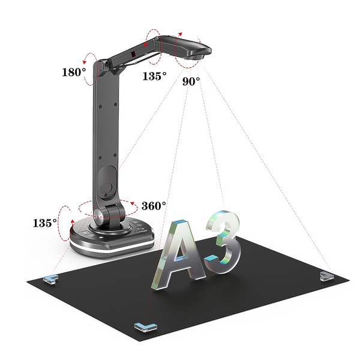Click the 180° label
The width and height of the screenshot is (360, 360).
pos(74,72)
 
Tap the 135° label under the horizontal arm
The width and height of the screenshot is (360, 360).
pos(155,76)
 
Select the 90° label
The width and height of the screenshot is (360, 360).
pos(191,81)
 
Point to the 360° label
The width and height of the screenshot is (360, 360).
pos(154,206)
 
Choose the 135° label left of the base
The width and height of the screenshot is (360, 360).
pos(45,223)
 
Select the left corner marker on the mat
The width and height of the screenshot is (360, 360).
pos(50,279)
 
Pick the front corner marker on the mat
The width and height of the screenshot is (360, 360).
pos(146,327)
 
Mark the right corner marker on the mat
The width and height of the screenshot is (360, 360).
pos(326,276)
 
